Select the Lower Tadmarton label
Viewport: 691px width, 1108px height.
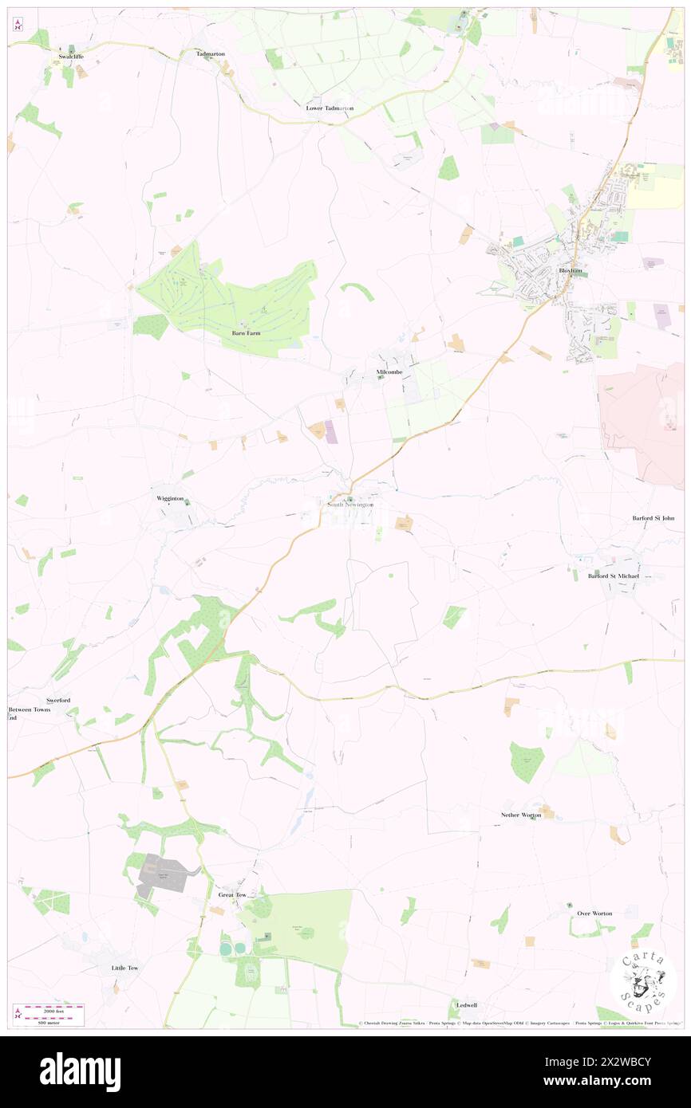point(330,108)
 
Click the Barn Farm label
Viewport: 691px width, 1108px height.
point(247,332)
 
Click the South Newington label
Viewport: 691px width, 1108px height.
point(349,505)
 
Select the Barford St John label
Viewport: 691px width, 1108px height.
point(653,518)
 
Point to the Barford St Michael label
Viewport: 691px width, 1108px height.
point(614,576)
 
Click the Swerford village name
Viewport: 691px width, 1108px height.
point(58,700)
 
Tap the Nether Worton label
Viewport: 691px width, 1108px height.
point(522,815)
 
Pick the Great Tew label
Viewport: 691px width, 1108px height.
point(233,894)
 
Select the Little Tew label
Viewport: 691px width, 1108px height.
point(124,968)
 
